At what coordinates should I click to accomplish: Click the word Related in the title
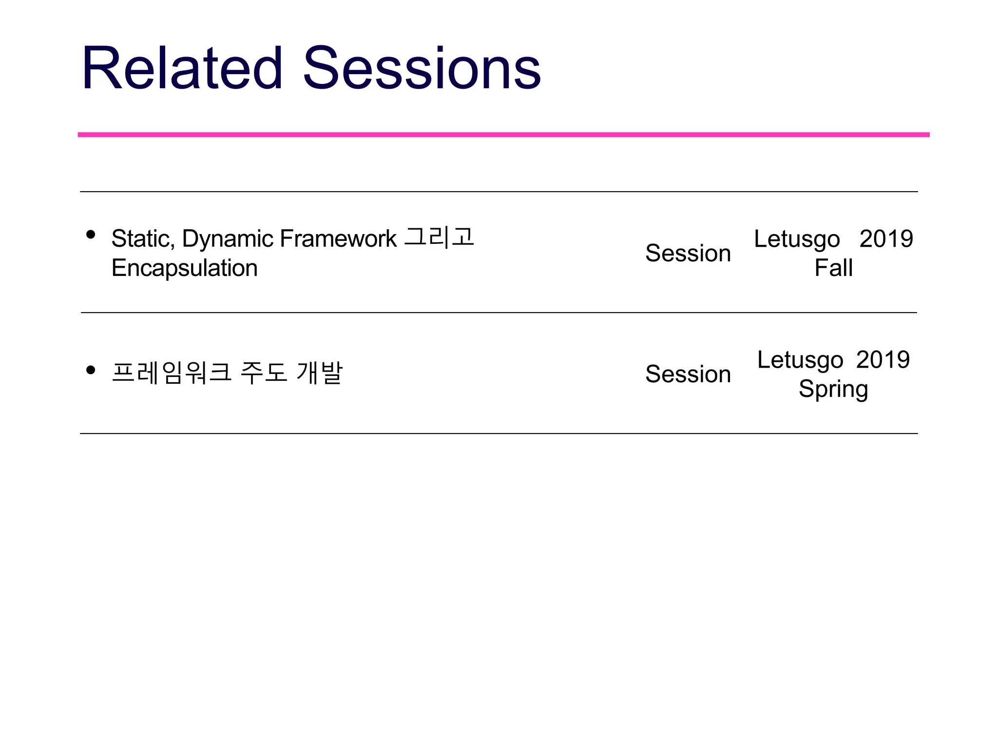tap(182, 68)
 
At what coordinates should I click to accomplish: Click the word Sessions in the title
tap(422, 68)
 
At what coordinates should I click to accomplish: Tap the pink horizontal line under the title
tap(503, 135)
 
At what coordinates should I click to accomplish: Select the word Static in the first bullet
tap(141, 239)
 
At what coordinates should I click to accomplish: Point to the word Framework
tap(338, 239)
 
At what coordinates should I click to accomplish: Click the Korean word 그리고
tap(439, 237)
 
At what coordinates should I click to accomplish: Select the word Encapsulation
tap(184, 268)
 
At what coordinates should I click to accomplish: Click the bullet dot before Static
tap(90, 235)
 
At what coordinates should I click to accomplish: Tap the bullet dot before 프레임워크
tap(90, 370)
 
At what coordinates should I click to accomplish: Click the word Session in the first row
tap(688, 253)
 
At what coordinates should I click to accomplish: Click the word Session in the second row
tap(688, 374)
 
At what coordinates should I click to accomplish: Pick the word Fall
tap(833, 268)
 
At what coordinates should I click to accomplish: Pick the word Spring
tap(833, 390)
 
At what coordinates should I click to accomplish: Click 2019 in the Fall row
tap(886, 239)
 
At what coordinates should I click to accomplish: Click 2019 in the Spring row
tap(883, 360)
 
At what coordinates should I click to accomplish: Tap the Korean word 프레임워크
tap(172, 373)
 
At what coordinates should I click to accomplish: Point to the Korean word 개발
tap(320, 373)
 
